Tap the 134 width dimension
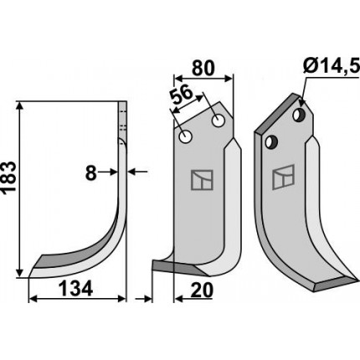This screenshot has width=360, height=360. (x=75, y=289)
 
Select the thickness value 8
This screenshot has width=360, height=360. (x=90, y=173)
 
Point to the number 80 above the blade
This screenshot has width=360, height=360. (x=203, y=68)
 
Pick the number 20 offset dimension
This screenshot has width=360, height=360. (x=202, y=291)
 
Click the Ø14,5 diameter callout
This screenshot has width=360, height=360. (x=331, y=68)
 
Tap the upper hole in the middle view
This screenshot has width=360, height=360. (x=219, y=121)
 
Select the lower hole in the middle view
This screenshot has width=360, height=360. (x=185, y=137)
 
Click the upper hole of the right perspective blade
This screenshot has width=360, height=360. (x=299, y=115)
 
